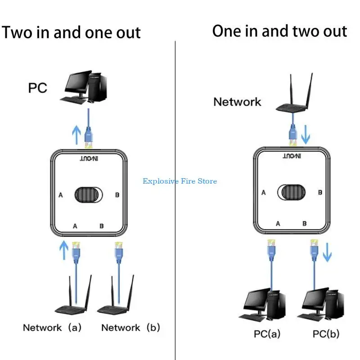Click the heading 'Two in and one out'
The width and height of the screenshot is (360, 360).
[x=71, y=32]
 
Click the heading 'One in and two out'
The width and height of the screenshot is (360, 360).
[x=279, y=31]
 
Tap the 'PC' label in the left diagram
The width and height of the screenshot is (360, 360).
[x=38, y=87]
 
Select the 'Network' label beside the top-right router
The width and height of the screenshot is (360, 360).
[x=237, y=102]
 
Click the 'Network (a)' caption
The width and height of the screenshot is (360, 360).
[x=52, y=328]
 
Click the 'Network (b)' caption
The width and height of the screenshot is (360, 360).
[x=130, y=328]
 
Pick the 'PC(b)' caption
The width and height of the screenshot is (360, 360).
[x=326, y=334]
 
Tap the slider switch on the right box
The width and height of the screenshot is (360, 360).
[x=293, y=192]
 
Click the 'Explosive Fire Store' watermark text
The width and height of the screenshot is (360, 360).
[x=180, y=181]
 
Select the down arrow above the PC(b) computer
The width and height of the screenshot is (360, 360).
[x=327, y=253]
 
